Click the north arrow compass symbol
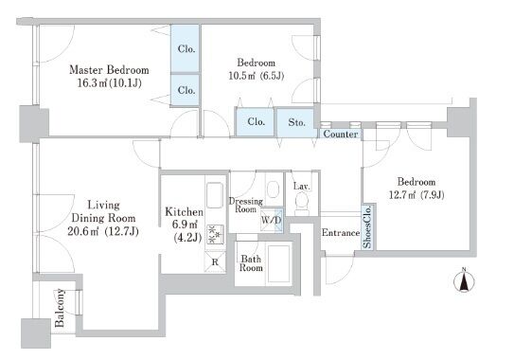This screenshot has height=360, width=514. pyautogui.click(x=464, y=281)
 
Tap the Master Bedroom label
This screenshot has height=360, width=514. pyautogui.click(x=109, y=70)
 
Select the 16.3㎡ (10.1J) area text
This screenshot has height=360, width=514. pyautogui.click(x=109, y=83)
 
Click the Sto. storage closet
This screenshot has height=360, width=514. pyautogui.click(x=296, y=122)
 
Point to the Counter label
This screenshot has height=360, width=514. pyautogui.click(x=341, y=134)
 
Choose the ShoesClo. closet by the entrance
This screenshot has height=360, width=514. pyautogui.click(x=367, y=226)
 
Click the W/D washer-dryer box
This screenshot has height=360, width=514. pyautogui.click(x=271, y=220)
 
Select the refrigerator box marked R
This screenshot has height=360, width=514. pyautogui.click(x=215, y=261)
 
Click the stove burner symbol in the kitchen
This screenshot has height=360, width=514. pyautogui.click(x=215, y=234)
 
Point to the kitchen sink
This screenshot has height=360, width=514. pyautogui.click(x=215, y=195)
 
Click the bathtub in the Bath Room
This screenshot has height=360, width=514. pyautogui.click(x=279, y=263)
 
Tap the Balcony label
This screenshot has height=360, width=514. pyautogui.click(x=60, y=308)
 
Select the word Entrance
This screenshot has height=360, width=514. pyautogui.click(x=341, y=233)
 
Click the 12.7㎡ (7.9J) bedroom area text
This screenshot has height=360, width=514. pyautogui.click(x=417, y=195)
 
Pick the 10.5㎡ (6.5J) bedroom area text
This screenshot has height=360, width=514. pyautogui.click(x=256, y=76)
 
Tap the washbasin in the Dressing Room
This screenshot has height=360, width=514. pyautogui.click(x=273, y=189)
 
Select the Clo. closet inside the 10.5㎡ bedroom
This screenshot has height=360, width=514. pyautogui.click(x=255, y=122)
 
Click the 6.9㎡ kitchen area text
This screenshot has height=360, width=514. pyautogui.click(x=186, y=225)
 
